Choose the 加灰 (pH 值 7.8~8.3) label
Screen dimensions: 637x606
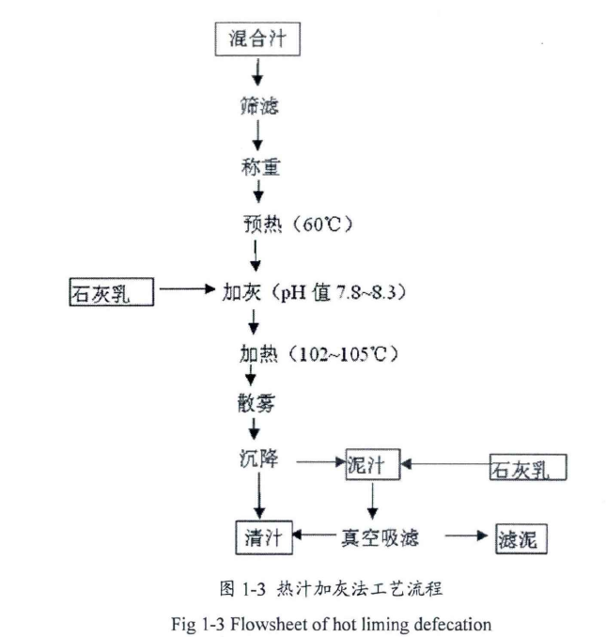click(314, 291)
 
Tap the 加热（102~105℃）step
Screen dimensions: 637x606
click(319, 354)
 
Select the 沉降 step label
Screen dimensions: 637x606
click(258, 460)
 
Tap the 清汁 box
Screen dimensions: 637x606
click(263, 537)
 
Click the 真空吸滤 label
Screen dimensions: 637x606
click(379, 537)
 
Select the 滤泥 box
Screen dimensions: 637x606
click(521, 538)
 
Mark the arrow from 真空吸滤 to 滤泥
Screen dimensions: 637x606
click(469, 536)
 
